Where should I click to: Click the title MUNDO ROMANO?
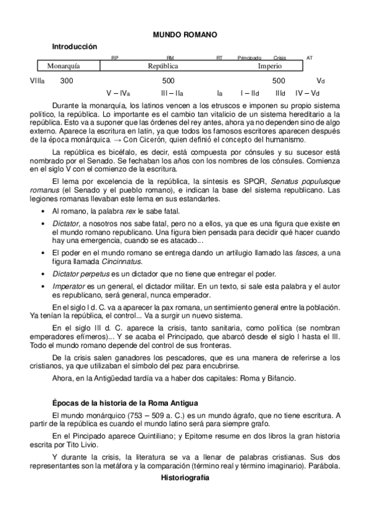(185, 35)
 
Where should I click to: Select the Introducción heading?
(75, 46)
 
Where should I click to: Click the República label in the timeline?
(163, 65)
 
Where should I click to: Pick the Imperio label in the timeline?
(270, 65)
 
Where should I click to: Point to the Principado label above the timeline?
(250, 57)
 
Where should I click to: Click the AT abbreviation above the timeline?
(309, 57)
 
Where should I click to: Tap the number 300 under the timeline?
(67, 81)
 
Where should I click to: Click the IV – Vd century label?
(307, 93)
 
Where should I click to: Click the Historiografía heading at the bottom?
(185, 478)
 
